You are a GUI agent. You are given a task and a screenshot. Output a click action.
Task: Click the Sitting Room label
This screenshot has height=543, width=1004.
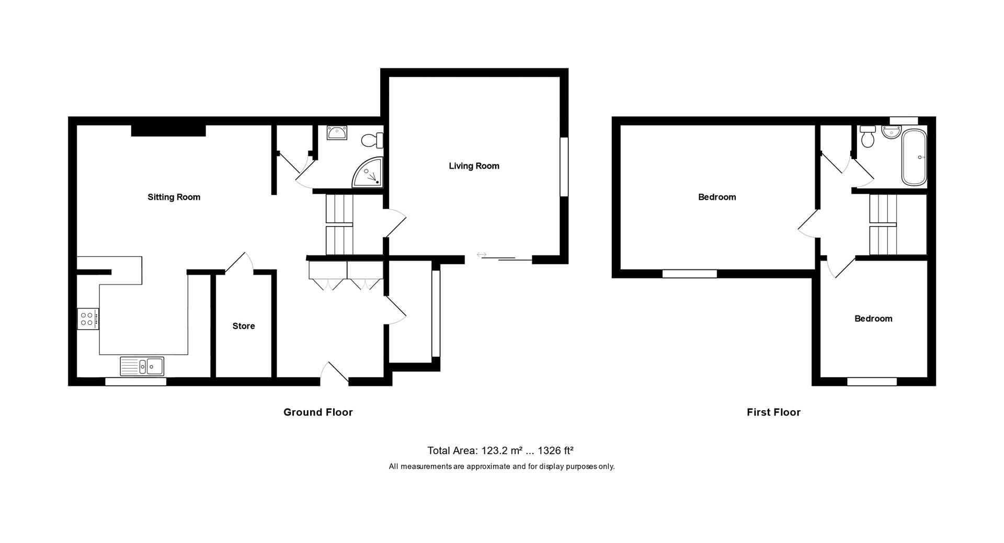pyautogui.click(x=174, y=197)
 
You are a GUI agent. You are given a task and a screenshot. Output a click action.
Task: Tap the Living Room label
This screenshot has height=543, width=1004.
pyautogui.click(x=474, y=166)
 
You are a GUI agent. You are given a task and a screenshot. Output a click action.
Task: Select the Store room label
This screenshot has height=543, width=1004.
pyautogui.click(x=244, y=326)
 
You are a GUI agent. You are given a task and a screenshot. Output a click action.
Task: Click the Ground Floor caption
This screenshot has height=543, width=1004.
pyautogui.click(x=318, y=412)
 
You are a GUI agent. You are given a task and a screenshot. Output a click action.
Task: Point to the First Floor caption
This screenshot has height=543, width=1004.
pyautogui.click(x=773, y=412)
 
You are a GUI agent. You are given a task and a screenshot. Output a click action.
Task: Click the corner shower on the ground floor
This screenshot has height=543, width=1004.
pyautogui.click(x=369, y=173)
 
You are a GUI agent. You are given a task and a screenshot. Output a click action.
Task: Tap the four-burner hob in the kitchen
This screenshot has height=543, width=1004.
pyautogui.click(x=87, y=319)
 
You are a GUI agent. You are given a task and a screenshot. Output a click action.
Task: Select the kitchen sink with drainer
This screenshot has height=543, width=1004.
pyautogui.click(x=142, y=366)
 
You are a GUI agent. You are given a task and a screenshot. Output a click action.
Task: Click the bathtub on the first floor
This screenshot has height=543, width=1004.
pyautogui.click(x=914, y=157)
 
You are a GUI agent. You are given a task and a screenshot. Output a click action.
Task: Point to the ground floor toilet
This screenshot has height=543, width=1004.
pyautogui.click(x=372, y=140)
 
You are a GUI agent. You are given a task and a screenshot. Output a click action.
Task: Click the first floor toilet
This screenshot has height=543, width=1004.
pyautogui.click(x=868, y=137)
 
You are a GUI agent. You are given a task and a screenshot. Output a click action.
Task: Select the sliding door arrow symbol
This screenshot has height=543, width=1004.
pyautogui.click(x=482, y=255)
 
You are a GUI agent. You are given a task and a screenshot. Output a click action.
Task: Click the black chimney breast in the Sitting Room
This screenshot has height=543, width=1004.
pyautogui.click(x=168, y=130)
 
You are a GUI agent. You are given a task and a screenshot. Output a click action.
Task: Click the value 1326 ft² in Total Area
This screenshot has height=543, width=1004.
pyautogui.click(x=555, y=450)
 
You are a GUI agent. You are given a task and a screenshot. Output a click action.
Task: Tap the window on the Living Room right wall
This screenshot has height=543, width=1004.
pyautogui.click(x=564, y=167)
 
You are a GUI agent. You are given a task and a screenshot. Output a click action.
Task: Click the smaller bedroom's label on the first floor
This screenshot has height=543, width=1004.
pyautogui.click(x=873, y=319)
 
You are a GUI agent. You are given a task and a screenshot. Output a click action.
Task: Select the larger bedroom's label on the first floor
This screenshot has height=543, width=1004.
pyautogui.click(x=717, y=197)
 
